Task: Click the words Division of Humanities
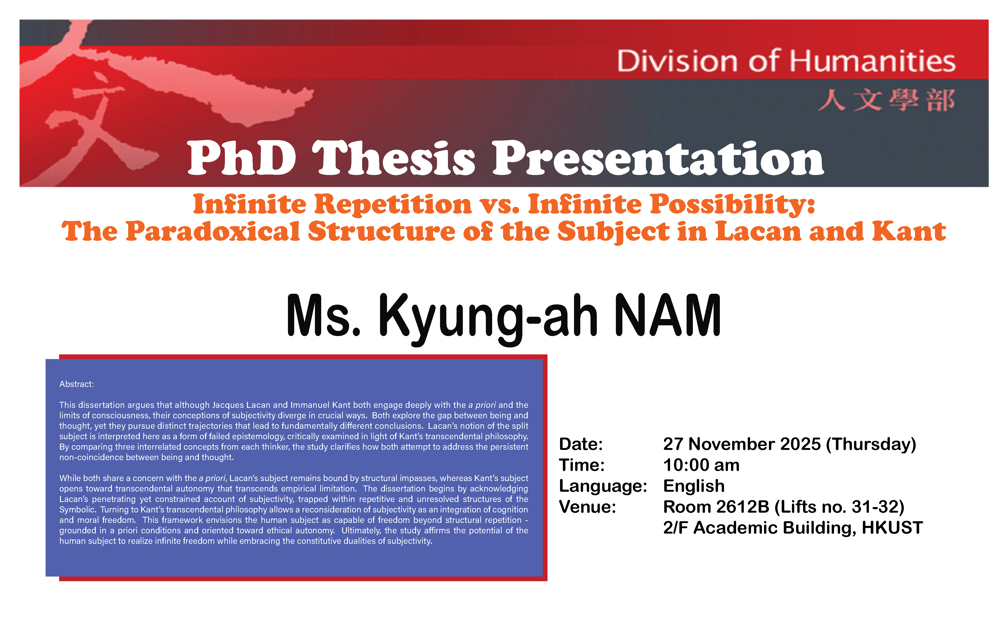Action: point(786,61)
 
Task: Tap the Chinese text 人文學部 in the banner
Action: point(887,100)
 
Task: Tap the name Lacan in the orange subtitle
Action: point(758,231)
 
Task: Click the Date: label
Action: point(581,444)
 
